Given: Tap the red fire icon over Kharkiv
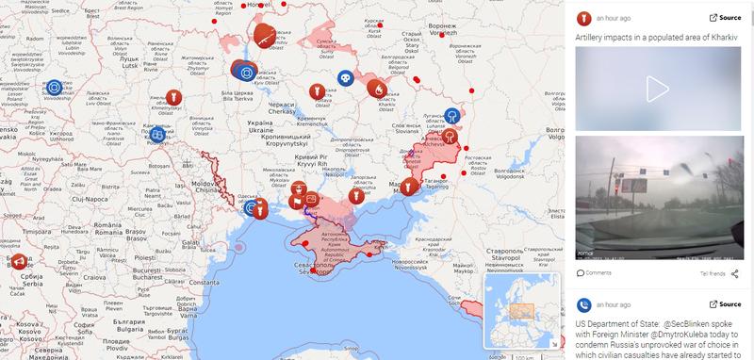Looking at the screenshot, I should click(x=377, y=89).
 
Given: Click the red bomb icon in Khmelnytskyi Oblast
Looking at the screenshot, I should click(x=172, y=96).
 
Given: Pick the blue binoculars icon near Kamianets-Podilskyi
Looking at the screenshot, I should click(x=156, y=135).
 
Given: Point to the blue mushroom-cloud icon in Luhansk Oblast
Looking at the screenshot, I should click(x=453, y=115).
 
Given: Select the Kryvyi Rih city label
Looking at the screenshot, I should click(x=310, y=157).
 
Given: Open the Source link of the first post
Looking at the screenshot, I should click(x=725, y=17).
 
